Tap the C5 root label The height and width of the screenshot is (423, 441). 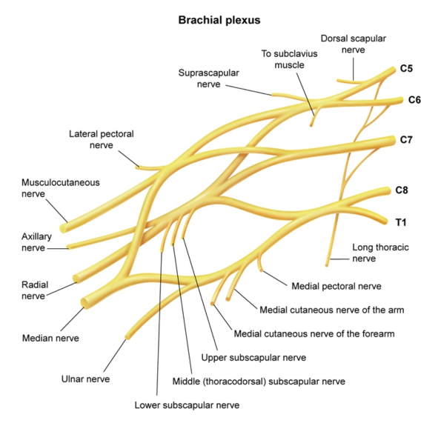[406, 69]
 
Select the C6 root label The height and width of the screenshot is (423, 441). [414, 100]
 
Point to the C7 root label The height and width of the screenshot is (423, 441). [406, 139]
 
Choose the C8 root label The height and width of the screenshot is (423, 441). [401, 190]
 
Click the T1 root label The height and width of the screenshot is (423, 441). [401, 222]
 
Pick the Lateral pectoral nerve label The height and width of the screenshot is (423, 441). [101, 140]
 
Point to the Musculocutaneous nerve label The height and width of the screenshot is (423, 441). [60, 187]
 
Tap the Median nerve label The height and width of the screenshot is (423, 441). [50, 338]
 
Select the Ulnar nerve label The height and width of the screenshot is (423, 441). [85, 379]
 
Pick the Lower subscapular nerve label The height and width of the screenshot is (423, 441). [187, 405]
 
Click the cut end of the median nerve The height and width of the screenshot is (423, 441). [86, 302]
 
